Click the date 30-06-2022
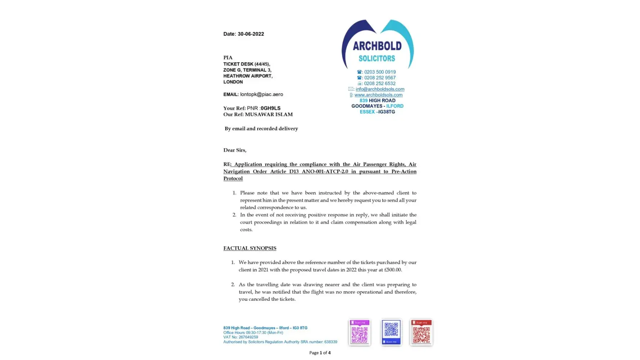click(x=251, y=34)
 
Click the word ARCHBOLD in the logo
click(x=377, y=46)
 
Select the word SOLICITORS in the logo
click(x=377, y=58)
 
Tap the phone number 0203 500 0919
click(x=380, y=72)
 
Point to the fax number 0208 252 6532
click(x=380, y=84)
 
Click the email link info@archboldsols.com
click(x=380, y=89)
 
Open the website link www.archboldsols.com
click(x=378, y=95)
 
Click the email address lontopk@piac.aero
click(x=261, y=94)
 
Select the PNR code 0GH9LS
click(x=270, y=108)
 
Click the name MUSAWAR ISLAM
click(x=269, y=114)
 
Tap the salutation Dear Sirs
click(x=235, y=150)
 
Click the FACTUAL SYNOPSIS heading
click(x=250, y=248)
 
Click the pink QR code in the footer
click(x=359, y=333)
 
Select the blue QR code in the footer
click(x=391, y=332)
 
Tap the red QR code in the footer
click(x=421, y=333)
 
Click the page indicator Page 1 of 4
click(x=320, y=353)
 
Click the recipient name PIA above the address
click(x=228, y=58)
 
